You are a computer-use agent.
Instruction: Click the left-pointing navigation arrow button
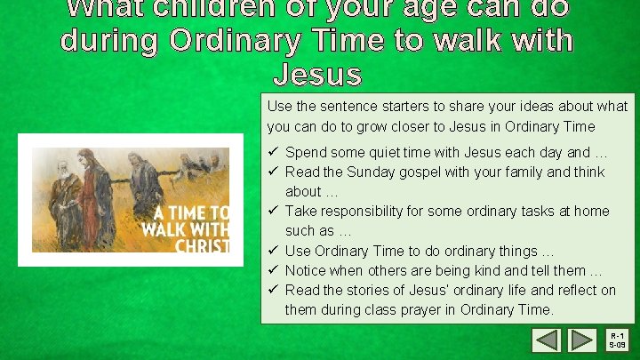pos(547,340)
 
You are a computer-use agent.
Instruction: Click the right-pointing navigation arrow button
pos(581,340)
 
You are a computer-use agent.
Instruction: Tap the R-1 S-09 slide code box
pos(618,340)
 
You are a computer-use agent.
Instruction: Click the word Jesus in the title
pos(317,73)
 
